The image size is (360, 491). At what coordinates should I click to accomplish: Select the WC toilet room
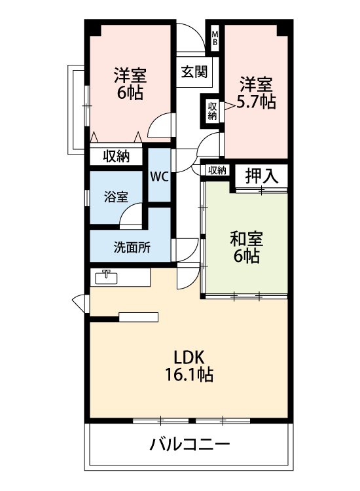(160, 175)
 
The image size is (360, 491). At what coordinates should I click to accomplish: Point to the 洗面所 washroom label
(132, 247)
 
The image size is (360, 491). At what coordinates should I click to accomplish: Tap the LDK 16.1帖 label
(189, 366)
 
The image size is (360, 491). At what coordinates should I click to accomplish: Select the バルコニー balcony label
(190, 445)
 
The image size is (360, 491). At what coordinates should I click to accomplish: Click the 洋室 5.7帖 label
(256, 92)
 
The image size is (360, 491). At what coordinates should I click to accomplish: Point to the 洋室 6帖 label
(130, 83)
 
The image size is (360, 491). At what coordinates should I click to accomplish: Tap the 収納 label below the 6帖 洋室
(117, 156)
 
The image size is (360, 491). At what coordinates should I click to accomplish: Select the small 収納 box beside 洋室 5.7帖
(212, 110)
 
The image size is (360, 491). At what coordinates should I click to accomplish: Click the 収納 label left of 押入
(217, 171)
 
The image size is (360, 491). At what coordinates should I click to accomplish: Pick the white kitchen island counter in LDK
(139, 318)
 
